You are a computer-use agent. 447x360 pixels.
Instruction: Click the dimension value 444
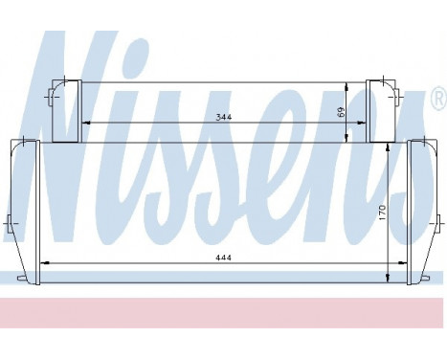(224, 257)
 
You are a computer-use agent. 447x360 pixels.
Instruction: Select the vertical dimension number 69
(342, 112)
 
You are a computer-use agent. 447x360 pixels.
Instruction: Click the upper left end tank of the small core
(64, 111)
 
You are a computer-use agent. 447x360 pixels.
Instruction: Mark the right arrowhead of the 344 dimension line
(365, 123)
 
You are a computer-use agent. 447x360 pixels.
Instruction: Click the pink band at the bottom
(223, 310)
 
